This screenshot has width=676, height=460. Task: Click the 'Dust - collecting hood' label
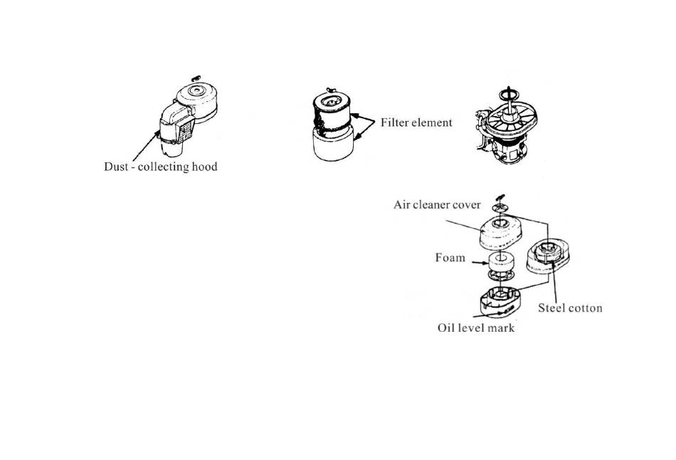click(x=160, y=167)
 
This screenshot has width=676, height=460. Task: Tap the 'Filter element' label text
click(x=416, y=122)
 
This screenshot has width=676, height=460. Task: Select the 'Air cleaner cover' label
click(x=437, y=204)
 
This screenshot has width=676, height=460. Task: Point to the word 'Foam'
click(x=450, y=258)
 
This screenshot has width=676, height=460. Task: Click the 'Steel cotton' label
click(x=570, y=308)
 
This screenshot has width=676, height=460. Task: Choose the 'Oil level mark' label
click(x=476, y=328)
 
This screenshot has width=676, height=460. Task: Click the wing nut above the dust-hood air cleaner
click(x=196, y=78)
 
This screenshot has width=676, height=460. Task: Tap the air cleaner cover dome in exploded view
click(x=501, y=234)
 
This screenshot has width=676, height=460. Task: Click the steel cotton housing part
click(x=547, y=256)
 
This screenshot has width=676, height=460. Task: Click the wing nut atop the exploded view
click(x=500, y=197)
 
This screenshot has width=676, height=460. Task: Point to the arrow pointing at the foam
click(x=480, y=262)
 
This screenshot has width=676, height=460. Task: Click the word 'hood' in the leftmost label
click(x=204, y=166)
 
